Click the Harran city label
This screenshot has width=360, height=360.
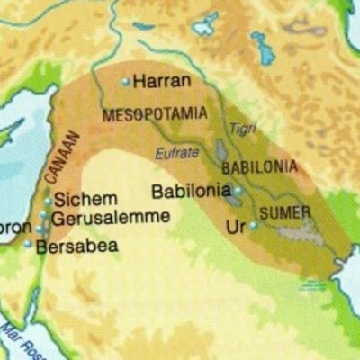(x=162, y=82)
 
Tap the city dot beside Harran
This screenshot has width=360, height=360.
(x=126, y=82)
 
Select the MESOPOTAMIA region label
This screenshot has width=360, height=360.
(x=155, y=115)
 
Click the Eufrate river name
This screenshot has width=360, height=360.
(x=176, y=154)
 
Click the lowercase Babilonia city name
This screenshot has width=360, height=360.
(x=192, y=192)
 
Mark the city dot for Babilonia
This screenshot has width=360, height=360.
(x=238, y=191)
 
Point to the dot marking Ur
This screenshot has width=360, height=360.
(x=253, y=226)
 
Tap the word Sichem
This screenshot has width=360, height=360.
(x=85, y=200)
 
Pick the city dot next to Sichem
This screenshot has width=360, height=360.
(x=48, y=201)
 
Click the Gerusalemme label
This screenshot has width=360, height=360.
(x=110, y=219)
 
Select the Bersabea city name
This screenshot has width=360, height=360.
(x=76, y=245)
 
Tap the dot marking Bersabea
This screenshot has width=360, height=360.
(x=28, y=244)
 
